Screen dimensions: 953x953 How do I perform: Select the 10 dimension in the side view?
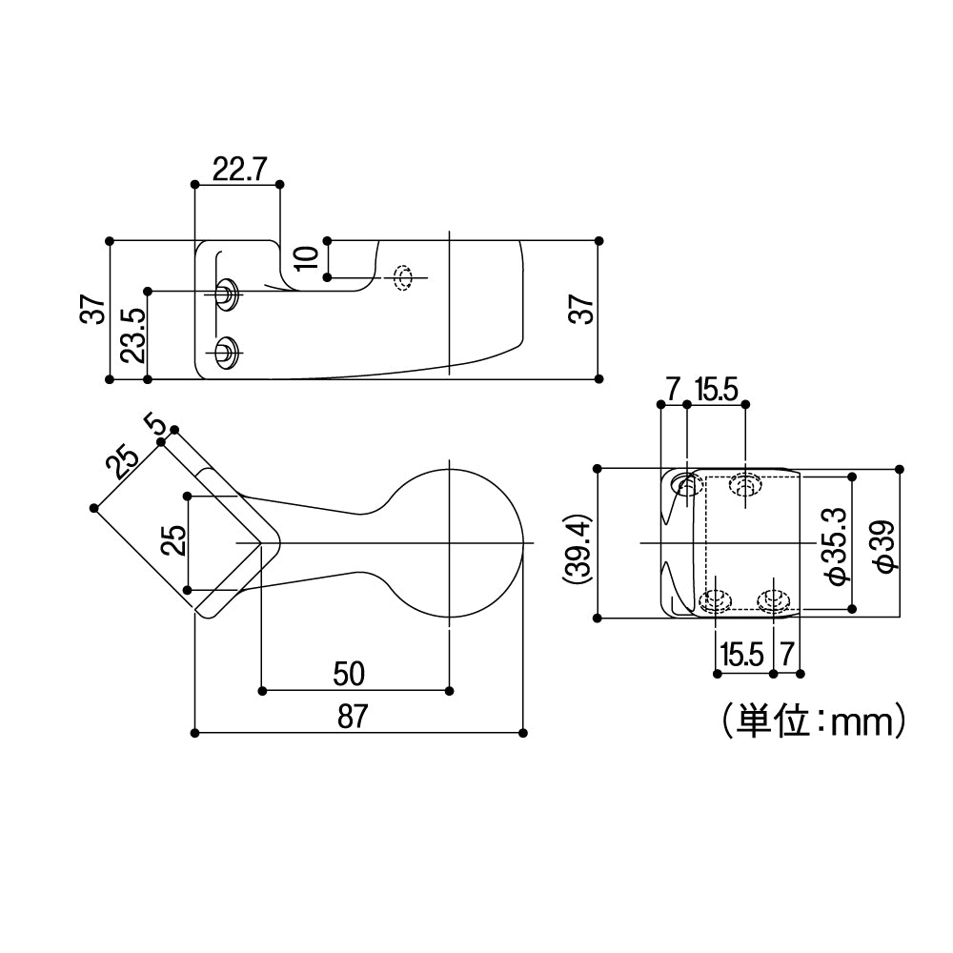click(x=306, y=257)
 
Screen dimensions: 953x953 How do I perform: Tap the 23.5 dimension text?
click(x=133, y=335)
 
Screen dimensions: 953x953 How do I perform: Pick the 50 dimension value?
click(x=350, y=674)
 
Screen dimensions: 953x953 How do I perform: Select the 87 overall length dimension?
click(x=352, y=717)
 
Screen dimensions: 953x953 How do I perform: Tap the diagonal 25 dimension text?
click(x=122, y=461)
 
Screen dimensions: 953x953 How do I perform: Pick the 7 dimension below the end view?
click(x=786, y=654)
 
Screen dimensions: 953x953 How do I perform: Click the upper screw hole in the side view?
click(x=227, y=293)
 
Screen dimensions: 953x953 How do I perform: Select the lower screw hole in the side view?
click(x=227, y=351)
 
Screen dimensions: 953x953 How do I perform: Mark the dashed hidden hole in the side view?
click(x=403, y=277)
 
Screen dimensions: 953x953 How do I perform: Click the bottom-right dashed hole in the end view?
click(x=772, y=600)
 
